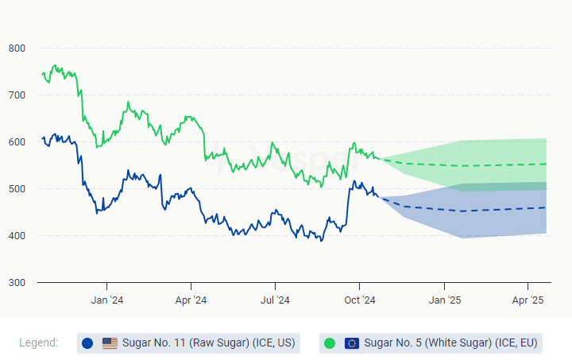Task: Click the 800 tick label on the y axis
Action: tap(17, 48)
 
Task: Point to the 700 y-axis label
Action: tap(17, 95)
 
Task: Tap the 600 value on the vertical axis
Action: tap(17, 142)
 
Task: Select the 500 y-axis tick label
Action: tap(17, 189)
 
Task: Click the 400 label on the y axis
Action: tap(17, 236)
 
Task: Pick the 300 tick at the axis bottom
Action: tap(17, 283)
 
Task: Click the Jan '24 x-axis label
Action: tap(106, 300)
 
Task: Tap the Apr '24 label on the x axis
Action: tap(191, 300)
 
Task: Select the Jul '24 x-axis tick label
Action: tap(275, 300)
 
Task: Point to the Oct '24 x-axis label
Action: tap(359, 300)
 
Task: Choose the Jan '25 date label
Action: tap(444, 300)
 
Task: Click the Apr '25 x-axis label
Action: tap(528, 300)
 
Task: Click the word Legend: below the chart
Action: tap(38, 343)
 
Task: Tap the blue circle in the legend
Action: tap(87, 343)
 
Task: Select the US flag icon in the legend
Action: tap(110, 343)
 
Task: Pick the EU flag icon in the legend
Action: tap(352, 343)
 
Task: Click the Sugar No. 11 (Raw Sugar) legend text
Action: tap(209, 343)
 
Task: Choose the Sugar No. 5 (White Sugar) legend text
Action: tap(451, 343)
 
